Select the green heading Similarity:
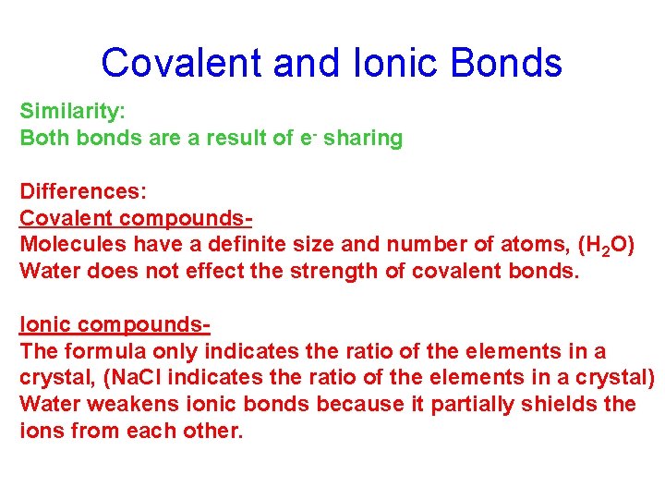(72, 111)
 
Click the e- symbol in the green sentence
(307, 138)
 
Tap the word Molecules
(73, 245)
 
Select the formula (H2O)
(605, 246)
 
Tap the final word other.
(214, 431)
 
